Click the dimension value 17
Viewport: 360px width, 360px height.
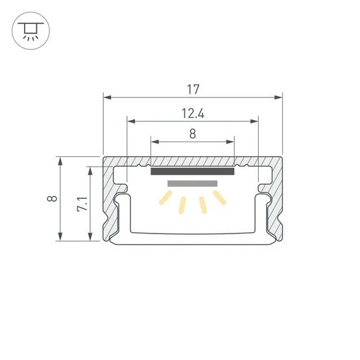pyautogui.click(x=193, y=88)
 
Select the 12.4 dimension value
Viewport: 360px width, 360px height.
pyautogui.click(x=193, y=114)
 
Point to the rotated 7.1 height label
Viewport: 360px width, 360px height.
pyautogui.click(x=81, y=204)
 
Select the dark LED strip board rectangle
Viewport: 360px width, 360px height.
pyautogui.click(x=192, y=172)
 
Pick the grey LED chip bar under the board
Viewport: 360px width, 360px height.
pyautogui.click(x=192, y=184)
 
